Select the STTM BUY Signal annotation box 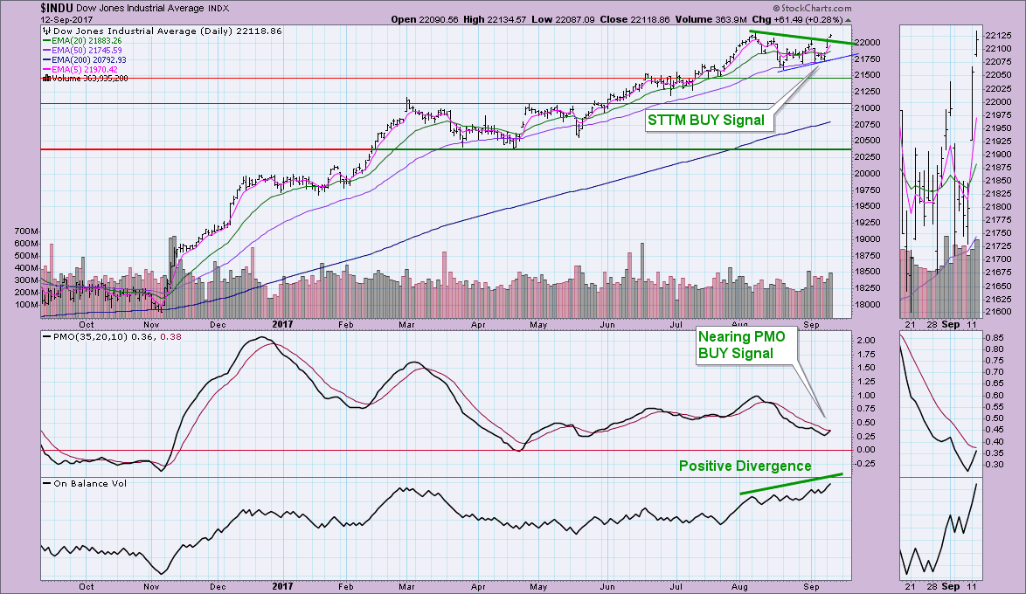tap(706, 120)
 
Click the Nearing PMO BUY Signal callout tap(735, 343)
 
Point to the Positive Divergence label tap(745, 466)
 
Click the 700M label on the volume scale tap(26, 231)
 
